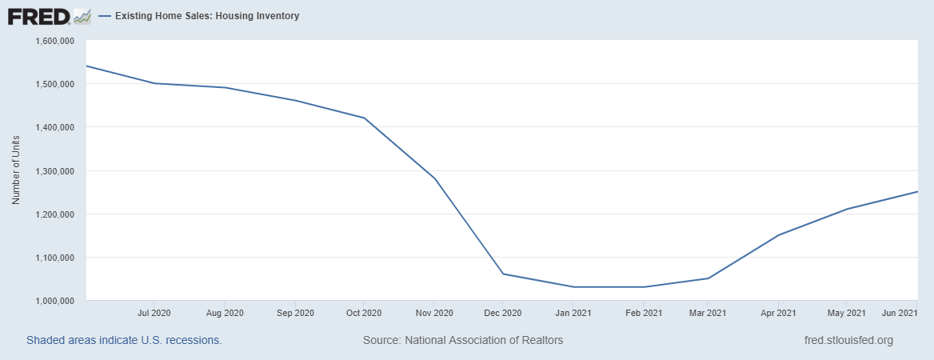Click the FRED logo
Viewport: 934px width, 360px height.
(50, 15)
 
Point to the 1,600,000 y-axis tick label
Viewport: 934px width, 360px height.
(55, 41)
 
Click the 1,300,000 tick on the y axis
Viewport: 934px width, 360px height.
(55, 171)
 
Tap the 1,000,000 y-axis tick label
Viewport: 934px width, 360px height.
(55, 301)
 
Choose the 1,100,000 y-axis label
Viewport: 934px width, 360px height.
(55, 258)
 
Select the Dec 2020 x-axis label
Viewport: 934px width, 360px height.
(503, 312)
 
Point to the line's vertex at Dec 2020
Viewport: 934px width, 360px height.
(503, 274)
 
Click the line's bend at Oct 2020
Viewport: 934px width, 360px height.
(365, 118)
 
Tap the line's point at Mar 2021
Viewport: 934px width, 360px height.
(708, 278)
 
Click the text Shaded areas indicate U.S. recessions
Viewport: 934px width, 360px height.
(124, 340)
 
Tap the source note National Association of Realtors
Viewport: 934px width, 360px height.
(463, 340)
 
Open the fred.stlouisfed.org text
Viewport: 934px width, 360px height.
(848, 340)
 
